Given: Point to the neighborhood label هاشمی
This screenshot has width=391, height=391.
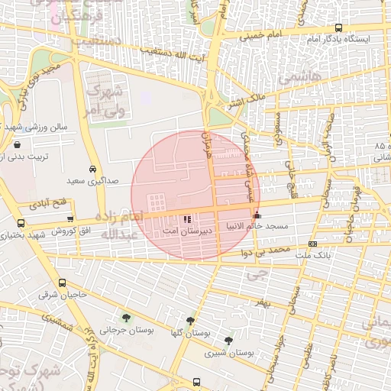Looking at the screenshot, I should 296,76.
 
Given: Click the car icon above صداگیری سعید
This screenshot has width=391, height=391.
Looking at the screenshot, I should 92,169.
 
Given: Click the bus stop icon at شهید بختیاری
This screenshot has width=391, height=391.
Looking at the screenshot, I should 19,224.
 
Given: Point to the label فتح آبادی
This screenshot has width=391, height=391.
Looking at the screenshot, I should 49,205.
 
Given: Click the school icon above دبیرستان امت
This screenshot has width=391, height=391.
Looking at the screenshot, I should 189,218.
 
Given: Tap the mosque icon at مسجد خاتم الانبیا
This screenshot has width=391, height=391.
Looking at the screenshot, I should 255,215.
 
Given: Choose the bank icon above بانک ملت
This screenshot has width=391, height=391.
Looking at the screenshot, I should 312,244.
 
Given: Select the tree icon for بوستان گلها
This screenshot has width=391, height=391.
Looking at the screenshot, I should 189,322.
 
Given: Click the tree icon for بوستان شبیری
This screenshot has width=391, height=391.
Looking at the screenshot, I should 228,341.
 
